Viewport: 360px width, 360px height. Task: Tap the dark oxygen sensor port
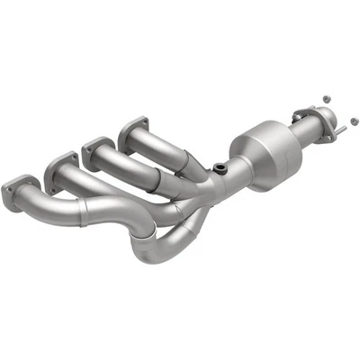point(219,168)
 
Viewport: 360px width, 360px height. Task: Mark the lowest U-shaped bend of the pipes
point(153,253)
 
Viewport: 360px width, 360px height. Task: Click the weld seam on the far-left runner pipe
point(84,213)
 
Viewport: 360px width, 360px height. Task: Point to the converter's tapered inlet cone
point(236,171)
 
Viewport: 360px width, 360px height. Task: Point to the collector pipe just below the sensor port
point(216,184)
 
